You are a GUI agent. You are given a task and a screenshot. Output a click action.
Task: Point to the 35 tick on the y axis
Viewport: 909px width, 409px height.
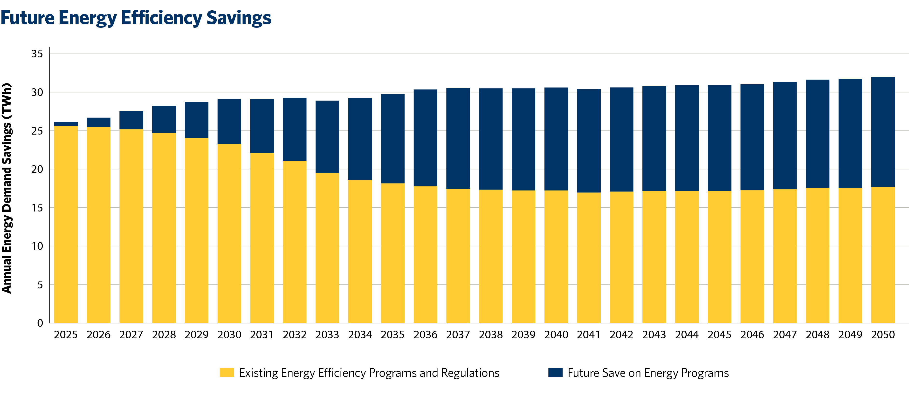click(x=37, y=54)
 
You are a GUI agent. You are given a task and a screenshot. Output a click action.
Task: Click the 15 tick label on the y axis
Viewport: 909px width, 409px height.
click(x=37, y=208)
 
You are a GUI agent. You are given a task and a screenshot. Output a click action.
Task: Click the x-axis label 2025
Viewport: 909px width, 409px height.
click(x=66, y=334)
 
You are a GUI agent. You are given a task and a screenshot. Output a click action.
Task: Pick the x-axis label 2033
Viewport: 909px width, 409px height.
click(x=327, y=334)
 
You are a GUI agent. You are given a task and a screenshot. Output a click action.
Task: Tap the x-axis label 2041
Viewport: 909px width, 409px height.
click(x=589, y=334)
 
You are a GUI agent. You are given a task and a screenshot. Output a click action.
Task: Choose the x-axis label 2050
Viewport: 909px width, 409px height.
click(x=883, y=334)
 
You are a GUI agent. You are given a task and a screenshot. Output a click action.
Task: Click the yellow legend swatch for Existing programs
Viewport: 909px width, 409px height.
click(x=227, y=373)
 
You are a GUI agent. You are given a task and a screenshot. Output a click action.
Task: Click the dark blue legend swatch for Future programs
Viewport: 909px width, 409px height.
click(x=555, y=373)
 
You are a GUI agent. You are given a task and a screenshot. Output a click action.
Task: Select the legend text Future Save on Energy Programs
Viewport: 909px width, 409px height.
click(x=648, y=373)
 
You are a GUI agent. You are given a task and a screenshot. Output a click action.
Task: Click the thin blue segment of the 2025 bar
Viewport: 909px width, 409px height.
click(x=66, y=124)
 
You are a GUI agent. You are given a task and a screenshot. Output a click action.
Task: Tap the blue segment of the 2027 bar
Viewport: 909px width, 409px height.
click(x=131, y=120)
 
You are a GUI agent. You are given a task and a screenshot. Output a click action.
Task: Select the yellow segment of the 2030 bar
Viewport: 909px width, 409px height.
click(x=229, y=233)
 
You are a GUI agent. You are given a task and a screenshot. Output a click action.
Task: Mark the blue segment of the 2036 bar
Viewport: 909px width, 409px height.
click(x=425, y=138)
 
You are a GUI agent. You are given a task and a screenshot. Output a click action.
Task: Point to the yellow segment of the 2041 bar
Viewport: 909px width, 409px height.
click(x=589, y=258)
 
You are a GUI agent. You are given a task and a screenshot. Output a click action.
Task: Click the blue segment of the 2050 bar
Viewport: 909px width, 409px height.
click(x=883, y=132)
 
